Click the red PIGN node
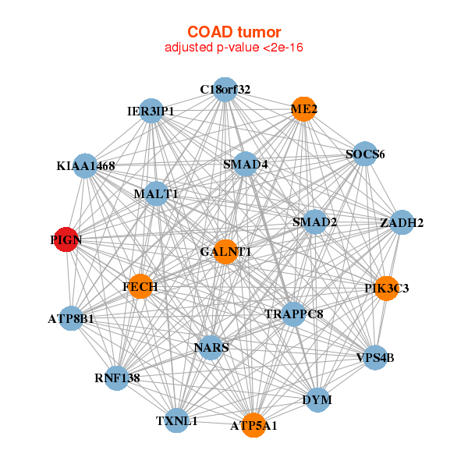click(x=66, y=239)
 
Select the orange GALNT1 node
click(x=225, y=252)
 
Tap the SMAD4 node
click(x=245, y=164)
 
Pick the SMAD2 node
click(x=315, y=222)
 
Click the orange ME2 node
click(x=303, y=109)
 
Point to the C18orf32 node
click(x=225, y=90)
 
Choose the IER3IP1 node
click(x=151, y=111)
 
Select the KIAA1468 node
click(x=85, y=166)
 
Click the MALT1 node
click(x=156, y=193)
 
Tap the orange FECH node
click(x=140, y=286)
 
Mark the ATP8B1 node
click(x=71, y=318)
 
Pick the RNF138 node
click(x=117, y=378)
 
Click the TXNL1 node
click(x=177, y=420)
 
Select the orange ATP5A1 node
click(x=253, y=425)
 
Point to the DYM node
click(x=317, y=400)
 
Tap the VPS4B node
click(x=375, y=357)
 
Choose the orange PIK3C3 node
click(x=387, y=289)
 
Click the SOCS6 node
click(x=365, y=154)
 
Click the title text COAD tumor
click(x=234, y=32)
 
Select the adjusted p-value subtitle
click(x=234, y=48)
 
